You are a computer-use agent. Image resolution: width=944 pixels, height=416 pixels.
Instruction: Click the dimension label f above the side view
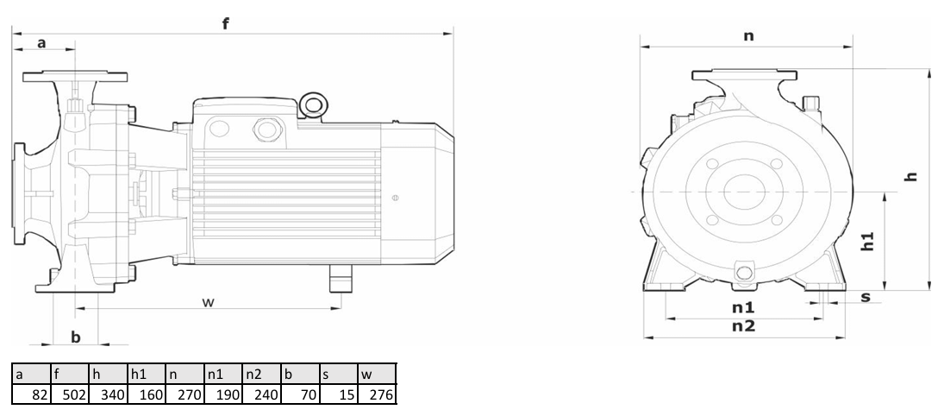pyautogui.click(x=226, y=24)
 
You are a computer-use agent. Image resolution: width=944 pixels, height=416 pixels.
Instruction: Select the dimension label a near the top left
pyautogui.click(x=41, y=43)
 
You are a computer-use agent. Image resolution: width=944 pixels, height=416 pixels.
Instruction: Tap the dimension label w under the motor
pyautogui.click(x=209, y=302)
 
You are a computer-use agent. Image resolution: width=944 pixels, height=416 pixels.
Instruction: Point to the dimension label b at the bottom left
pyautogui.click(x=76, y=337)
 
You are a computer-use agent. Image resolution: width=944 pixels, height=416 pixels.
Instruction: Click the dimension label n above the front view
pyautogui.click(x=748, y=36)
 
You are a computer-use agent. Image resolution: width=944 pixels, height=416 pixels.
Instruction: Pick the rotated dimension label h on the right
pyautogui.click(x=912, y=176)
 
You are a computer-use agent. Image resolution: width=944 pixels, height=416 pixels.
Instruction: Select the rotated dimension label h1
pyautogui.click(x=867, y=241)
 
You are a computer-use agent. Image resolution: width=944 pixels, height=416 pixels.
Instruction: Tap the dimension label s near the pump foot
pyautogui.click(x=866, y=297)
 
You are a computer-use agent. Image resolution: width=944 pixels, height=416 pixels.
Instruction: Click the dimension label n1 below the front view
pyautogui.click(x=743, y=307)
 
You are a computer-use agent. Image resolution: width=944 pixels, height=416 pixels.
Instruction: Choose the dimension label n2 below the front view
pyautogui.click(x=743, y=326)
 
